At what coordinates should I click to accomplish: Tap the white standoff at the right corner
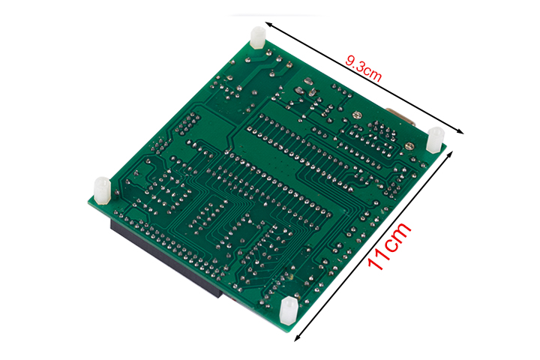[x=435, y=139]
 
